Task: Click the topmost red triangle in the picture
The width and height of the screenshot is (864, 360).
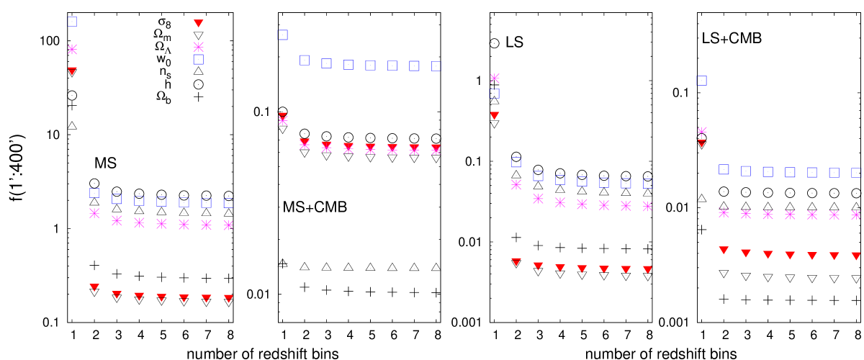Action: pyautogui.click(x=199, y=23)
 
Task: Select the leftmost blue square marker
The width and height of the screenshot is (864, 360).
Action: pyautogui.click(x=72, y=22)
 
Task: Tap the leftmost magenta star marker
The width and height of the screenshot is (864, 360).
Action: pyautogui.click(x=72, y=49)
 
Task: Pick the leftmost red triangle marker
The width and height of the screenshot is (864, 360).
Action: pyautogui.click(x=72, y=71)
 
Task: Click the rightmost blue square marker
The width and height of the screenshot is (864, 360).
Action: pyautogui.click(x=856, y=173)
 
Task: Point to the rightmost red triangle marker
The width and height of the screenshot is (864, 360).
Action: pyautogui.click(x=856, y=256)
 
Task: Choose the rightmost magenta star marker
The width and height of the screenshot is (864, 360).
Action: pyautogui.click(x=856, y=215)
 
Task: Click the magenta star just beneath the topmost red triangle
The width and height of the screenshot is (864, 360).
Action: pyautogui.click(x=199, y=47)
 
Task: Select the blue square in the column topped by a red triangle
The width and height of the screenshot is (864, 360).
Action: pyautogui.click(x=199, y=59)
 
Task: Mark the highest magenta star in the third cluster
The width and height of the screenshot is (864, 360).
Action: pyautogui.click(x=495, y=78)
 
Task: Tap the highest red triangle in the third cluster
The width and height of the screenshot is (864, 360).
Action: pyautogui.click(x=495, y=115)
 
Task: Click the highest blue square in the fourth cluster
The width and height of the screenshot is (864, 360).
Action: pyautogui.click(x=701, y=81)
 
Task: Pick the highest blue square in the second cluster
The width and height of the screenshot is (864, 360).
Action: pyautogui.click(x=283, y=35)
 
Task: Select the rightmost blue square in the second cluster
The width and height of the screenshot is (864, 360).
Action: pyautogui.click(x=436, y=66)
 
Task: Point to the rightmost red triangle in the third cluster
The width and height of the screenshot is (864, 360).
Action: pyautogui.click(x=648, y=270)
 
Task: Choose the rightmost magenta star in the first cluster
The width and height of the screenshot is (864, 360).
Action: pyautogui.click(x=228, y=225)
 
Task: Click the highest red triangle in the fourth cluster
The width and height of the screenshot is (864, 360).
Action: pyautogui.click(x=702, y=143)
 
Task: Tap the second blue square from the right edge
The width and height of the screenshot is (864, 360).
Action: pyautogui.click(x=834, y=173)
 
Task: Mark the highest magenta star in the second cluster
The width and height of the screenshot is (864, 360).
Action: pyautogui.click(x=283, y=121)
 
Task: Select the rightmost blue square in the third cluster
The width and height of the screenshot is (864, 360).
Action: pyautogui.click(x=648, y=184)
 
